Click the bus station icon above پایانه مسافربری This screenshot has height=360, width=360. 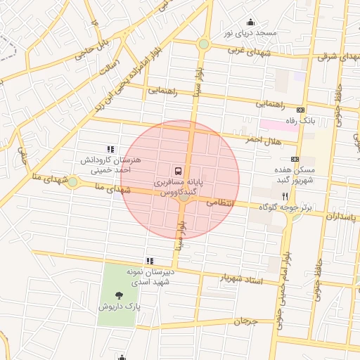coord(177,170)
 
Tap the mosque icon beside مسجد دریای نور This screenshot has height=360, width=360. coord(250,22)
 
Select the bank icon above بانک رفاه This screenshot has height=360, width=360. coord(301,110)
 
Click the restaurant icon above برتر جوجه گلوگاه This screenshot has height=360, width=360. coord(285,195)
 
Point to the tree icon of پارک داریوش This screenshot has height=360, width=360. coord(117,295)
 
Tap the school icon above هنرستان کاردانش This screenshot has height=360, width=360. coord(110,149)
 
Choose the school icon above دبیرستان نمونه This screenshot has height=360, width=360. coord(149,261)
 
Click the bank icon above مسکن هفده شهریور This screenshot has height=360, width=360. coord(294,159)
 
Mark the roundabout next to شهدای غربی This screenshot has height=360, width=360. coord(203,44)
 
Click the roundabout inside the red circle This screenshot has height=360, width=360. coord(184,198)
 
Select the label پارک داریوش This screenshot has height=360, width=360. coord(116,307)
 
